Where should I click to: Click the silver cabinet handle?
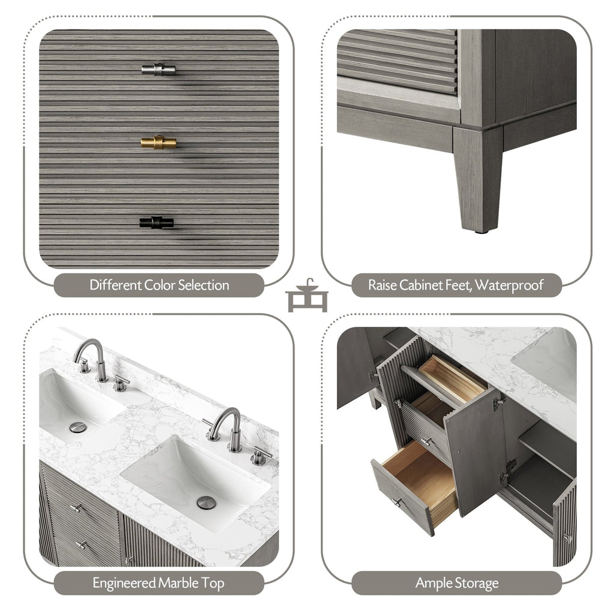(158, 70)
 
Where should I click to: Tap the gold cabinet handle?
(158, 142)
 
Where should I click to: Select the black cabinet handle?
(156, 222)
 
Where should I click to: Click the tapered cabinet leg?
(478, 180)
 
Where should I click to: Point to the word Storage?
(477, 583)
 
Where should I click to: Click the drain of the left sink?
(77, 427)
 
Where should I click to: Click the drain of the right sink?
(206, 502)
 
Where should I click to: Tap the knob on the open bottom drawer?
(396, 502)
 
